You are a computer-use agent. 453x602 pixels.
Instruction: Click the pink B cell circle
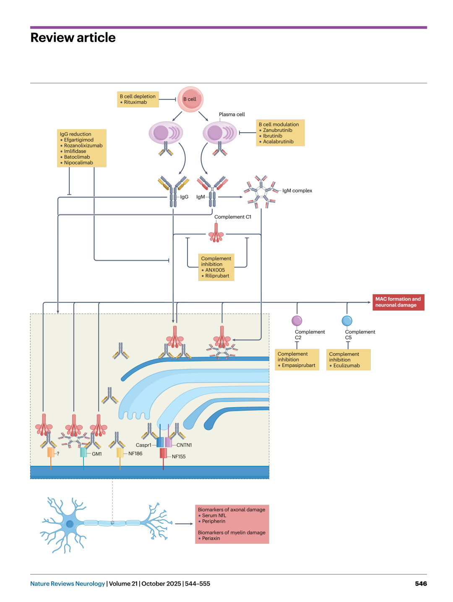click(190, 99)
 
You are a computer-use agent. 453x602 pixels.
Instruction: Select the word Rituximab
click(135, 102)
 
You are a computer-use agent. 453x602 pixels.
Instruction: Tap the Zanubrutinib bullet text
click(277, 130)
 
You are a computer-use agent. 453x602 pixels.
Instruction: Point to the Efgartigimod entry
click(79, 140)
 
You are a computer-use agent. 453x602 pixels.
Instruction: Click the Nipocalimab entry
click(78, 162)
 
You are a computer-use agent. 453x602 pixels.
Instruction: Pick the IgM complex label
click(297, 190)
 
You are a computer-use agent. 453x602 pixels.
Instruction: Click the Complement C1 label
click(233, 217)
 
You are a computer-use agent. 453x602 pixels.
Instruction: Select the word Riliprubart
click(217, 276)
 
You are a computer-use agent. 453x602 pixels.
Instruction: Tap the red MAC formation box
click(398, 302)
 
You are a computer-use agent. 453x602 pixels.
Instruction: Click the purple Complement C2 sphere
click(297, 320)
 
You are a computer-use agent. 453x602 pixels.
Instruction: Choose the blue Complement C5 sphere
click(347, 320)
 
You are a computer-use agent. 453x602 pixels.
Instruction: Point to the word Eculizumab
click(346, 365)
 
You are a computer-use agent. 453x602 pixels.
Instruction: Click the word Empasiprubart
click(299, 365)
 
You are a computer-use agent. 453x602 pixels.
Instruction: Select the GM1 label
click(97, 454)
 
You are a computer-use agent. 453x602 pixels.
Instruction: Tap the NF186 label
click(135, 453)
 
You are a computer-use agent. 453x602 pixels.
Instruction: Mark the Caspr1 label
click(143, 445)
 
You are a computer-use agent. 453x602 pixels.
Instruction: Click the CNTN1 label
click(184, 445)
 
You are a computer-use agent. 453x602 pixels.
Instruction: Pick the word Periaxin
click(211, 538)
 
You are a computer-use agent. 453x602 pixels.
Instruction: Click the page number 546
click(421, 584)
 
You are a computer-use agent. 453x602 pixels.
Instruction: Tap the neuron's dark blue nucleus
click(70, 524)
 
